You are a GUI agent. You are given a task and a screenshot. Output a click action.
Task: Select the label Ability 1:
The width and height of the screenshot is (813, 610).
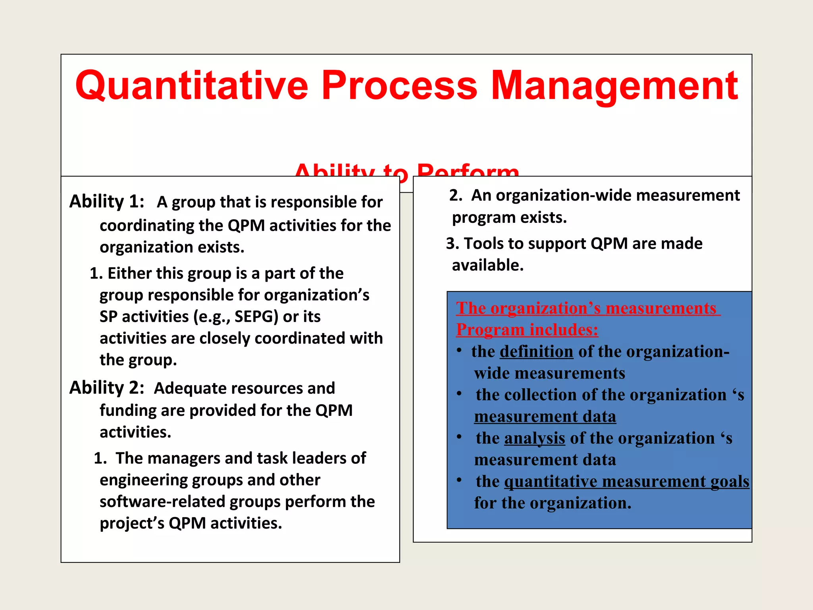(x=106, y=201)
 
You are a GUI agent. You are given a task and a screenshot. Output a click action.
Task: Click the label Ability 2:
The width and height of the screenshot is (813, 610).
(x=106, y=388)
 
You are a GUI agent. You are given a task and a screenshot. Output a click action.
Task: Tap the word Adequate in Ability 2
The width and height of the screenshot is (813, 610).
(x=183, y=388)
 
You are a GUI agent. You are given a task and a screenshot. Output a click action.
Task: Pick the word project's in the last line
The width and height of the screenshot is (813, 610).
(x=132, y=523)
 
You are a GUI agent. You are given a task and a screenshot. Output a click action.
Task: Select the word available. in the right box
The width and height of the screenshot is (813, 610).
(x=487, y=265)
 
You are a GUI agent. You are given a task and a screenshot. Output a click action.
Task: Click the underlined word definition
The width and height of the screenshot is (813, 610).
(x=536, y=351)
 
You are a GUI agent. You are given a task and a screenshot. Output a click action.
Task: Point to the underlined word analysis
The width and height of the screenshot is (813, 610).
(x=534, y=438)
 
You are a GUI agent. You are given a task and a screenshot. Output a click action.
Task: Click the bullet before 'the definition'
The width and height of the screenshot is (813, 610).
(x=459, y=351)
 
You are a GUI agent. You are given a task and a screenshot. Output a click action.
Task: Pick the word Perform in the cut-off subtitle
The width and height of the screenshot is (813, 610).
(x=468, y=171)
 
